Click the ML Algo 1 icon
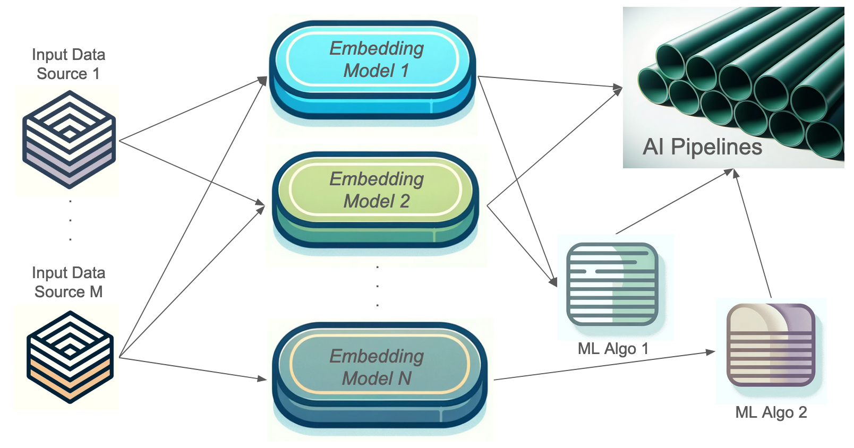point(612,284)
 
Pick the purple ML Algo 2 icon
point(771,344)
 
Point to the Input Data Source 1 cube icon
point(69,139)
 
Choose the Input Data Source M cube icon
point(70,357)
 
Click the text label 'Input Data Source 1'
point(69,64)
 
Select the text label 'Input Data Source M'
point(69,282)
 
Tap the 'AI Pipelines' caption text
point(702,147)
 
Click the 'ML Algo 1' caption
point(613,349)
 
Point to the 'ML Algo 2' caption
point(771,412)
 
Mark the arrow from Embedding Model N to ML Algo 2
point(604,365)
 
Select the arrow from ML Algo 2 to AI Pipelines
point(753,234)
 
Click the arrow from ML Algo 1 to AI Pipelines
point(674,202)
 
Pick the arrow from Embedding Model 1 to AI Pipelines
point(550,82)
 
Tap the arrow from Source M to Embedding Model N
point(193,368)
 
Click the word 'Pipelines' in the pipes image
point(716,147)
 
